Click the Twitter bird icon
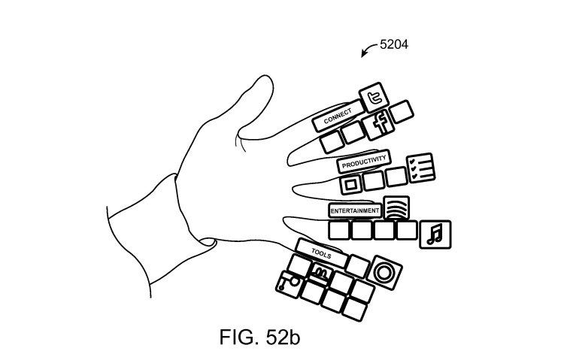pos(371,98)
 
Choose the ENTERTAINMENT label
pos(354,211)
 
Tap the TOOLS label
pos(320,251)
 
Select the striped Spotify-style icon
pos(396,208)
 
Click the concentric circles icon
pos(385,272)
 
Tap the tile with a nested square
pos(350,183)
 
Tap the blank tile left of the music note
pos(407,231)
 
